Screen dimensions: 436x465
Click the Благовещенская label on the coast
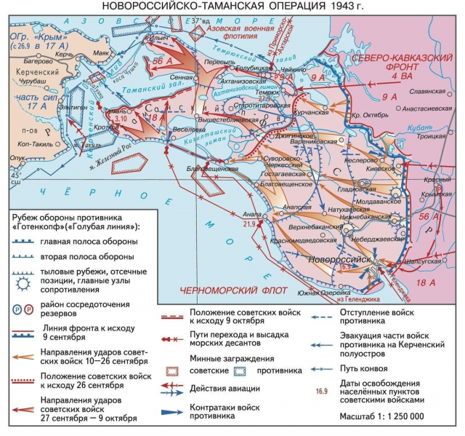(x=213, y=168)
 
